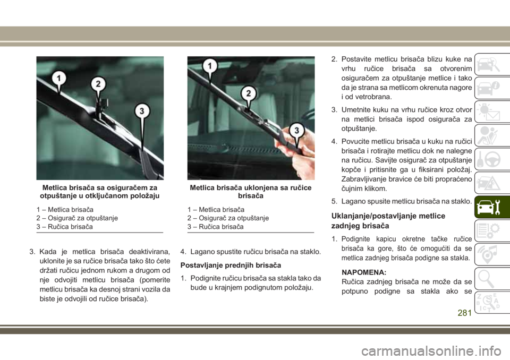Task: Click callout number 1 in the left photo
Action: tap(59, 79)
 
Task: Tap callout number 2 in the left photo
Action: tap(98, 84)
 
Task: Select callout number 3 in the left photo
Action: tap(142, 111)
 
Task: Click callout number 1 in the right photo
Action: tap(210, 66)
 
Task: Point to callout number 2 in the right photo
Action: tap(249, 93)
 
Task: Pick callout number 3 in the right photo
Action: tap(296, 130)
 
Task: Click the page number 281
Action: tap(464, 313)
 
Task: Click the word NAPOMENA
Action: tap(364, 272)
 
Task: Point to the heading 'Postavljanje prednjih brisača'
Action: tap(231, 265)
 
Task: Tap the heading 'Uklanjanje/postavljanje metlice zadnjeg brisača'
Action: tap(388, 221)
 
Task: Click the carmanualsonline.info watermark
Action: tap(431, 351)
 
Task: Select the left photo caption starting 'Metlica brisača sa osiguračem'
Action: tap(100, 192)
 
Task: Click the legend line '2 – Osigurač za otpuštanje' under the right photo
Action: tap(228, 218)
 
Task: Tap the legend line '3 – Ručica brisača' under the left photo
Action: tap(64, 227)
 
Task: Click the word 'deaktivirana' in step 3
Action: tap(149, 252)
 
